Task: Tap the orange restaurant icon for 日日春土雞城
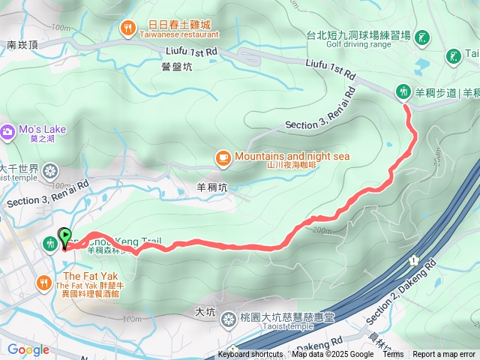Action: [x=128, y=28]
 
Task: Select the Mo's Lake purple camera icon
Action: [x=8, y=131]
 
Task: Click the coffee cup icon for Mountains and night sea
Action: [x=223, y=157]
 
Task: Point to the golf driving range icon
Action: [x=422, y=36]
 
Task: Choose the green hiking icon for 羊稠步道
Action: [x=404, y=91]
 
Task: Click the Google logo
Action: [x=28, y=349]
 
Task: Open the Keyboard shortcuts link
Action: [x=250, y=355]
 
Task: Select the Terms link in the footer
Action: [x=393, y=355]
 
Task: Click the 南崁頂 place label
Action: [x=22, y=45]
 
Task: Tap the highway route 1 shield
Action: [x=412, y=259]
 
